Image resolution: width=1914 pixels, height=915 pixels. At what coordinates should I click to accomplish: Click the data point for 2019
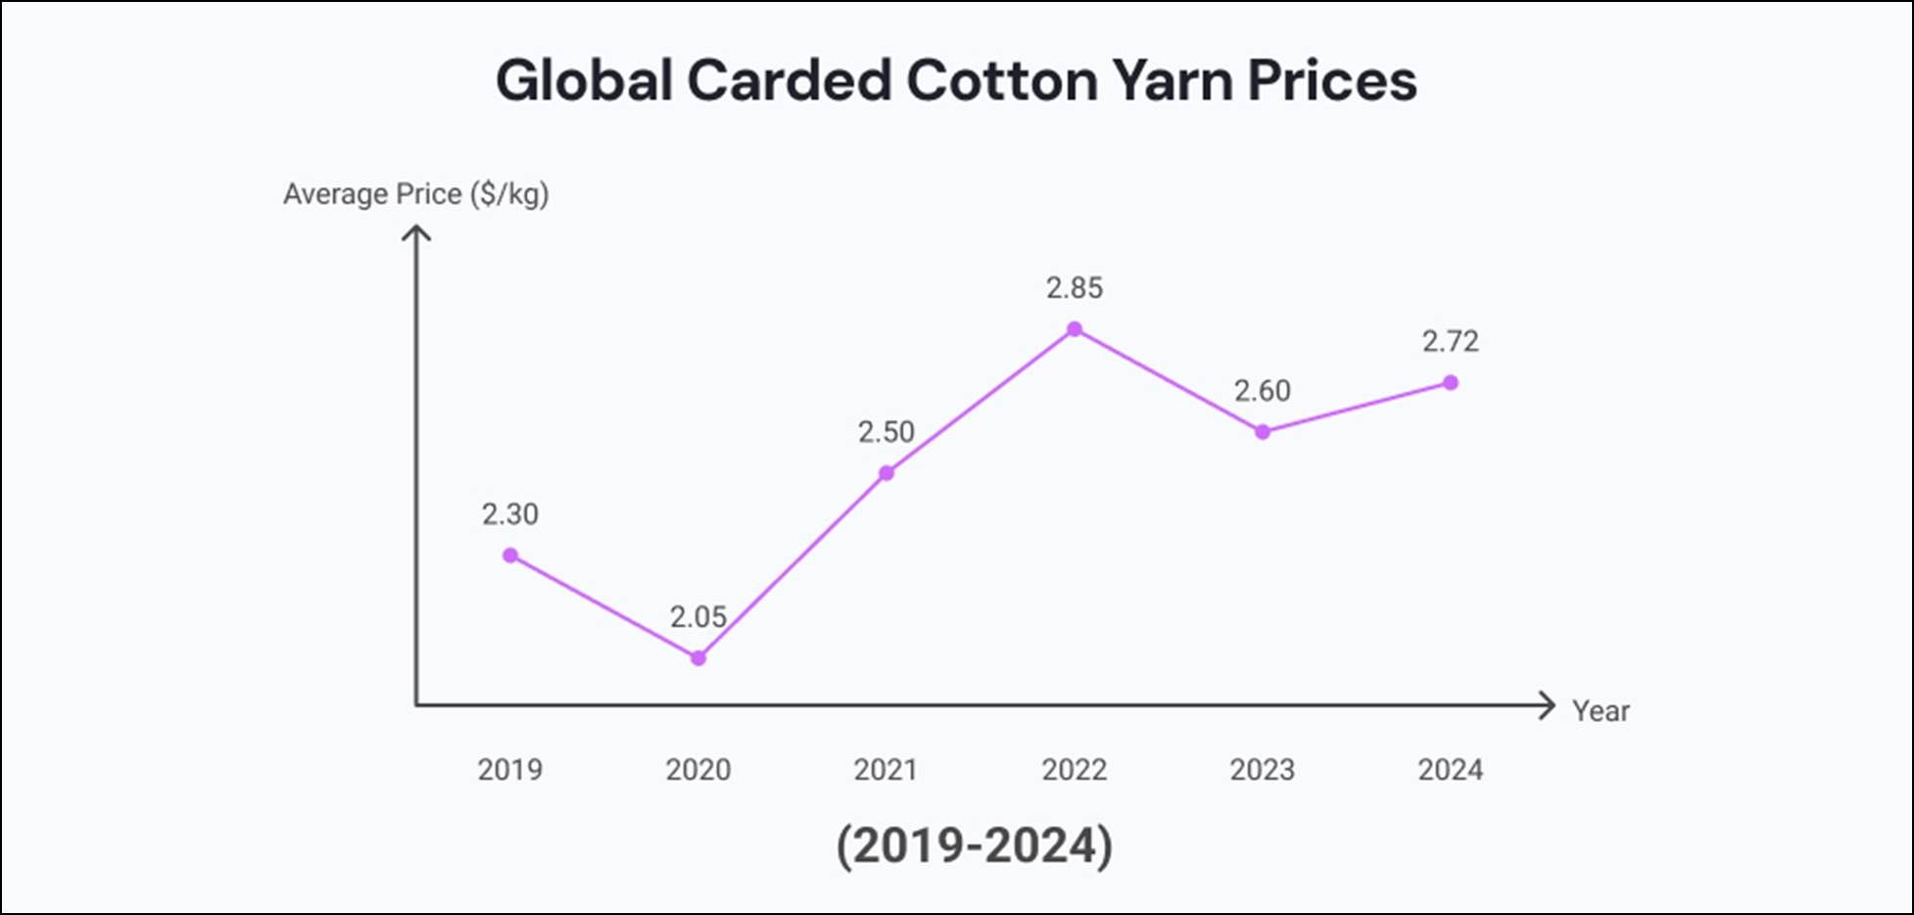coord(510,555)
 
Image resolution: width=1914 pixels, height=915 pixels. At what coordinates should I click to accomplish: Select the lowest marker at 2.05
coord(698,658)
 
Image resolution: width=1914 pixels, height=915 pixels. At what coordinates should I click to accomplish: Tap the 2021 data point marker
coord(886,473)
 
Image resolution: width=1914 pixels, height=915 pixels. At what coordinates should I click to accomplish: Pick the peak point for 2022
coord(1075,329)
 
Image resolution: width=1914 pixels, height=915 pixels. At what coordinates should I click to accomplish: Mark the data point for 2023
coord(1263,432)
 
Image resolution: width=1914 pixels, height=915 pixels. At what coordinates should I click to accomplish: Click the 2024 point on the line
coord(1451,383)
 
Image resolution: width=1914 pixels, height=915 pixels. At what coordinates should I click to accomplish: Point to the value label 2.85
coord(1075,288)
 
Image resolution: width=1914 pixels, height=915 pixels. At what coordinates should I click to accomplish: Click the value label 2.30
coord(510,514)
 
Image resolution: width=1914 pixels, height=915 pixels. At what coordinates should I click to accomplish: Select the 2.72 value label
coord(1451,342)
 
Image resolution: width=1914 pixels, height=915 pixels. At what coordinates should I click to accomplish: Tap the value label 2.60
coord(1263,391)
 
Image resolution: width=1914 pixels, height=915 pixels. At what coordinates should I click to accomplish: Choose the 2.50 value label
coord(886,432)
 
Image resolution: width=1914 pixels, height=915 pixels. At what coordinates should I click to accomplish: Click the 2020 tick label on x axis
coord(698,770)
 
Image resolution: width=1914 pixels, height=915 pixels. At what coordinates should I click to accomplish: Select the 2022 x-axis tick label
coord(1075,770)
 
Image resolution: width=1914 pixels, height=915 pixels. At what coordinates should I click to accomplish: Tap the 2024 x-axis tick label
coord(1451,770)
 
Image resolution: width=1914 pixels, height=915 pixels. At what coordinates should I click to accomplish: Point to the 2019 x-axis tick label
coord(510,770)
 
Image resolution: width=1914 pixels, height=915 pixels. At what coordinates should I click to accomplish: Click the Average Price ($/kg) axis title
coord(416,194)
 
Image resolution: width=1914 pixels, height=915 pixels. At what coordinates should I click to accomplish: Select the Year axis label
coord(1601,711)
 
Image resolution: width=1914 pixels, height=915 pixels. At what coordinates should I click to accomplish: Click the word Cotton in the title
coord(1003,80)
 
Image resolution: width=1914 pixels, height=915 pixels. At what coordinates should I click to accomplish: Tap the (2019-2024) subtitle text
coord(975,845)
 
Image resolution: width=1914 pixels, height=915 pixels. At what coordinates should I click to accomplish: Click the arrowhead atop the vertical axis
coord(416,232)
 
